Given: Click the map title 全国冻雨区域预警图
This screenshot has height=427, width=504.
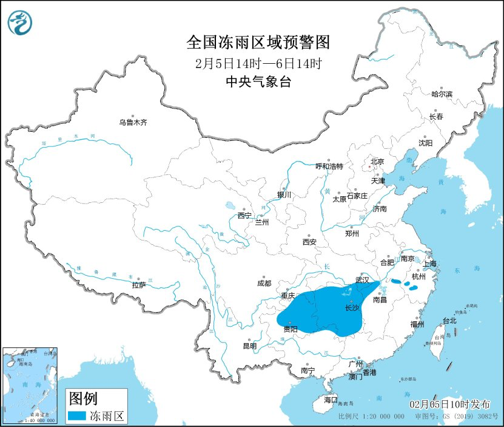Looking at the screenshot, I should tap(258, 43).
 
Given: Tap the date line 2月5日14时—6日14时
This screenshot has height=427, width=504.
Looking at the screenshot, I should tap(258, 63).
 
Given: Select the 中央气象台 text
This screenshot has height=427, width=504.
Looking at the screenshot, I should tap(258, 81).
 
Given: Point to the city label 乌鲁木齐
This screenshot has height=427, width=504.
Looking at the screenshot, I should tap(133, 122).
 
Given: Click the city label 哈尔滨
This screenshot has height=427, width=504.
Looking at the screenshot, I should tap(442, 94).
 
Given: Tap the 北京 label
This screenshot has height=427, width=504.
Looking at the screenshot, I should tap(377, 162).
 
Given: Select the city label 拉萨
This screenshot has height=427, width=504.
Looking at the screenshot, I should tap(139, 285).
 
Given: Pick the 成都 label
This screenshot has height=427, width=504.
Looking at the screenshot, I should tap(264, 283).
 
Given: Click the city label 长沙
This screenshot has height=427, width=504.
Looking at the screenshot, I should tap(352, 308).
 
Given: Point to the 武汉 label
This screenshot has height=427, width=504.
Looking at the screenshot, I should tap(362, 281).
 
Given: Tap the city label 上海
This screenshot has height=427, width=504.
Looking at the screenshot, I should tap(430, 264).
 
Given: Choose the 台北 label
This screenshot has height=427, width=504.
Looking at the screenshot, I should tap(449, 321).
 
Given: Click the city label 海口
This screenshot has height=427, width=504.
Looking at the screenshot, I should tap(330, 400).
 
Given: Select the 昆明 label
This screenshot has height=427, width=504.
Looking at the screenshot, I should tap(250, 346).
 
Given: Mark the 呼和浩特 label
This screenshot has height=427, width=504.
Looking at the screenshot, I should tap(329, 166).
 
